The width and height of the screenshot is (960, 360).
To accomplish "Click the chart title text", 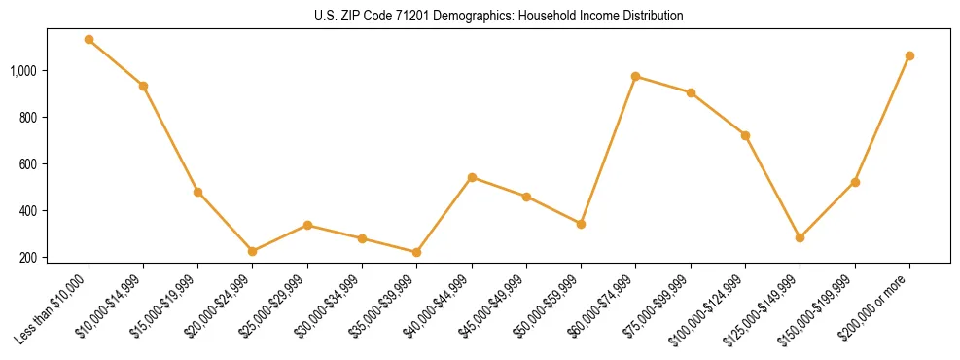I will pyautogui.click(x=499, y=17).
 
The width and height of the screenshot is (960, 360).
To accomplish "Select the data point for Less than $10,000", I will pyautogui.click(x=89, y=40).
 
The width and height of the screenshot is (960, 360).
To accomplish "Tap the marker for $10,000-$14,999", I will pyautogui.click(x=143, y=86).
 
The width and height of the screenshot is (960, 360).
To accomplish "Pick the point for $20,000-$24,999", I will pyautogui.click(x=253, y=251).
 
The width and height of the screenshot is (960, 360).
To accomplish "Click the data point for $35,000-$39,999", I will pyautogui.click(x=416, y=252).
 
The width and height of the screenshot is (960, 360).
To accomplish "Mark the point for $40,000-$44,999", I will pyautogui.click(x=472, y=177).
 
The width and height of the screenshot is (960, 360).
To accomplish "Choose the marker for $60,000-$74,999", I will pyautogui.click(x=635, y=76).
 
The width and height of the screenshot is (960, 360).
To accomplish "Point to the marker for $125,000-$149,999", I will pyautogui.click(x=800, y=237).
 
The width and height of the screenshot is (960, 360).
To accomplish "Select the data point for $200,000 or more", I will pyautogui.click(x=909, y=55).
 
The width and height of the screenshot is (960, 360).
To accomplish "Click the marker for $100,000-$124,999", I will pyautogui.click(x=745, y=135).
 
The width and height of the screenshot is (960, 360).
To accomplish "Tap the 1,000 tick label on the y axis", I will pyautogui.click(x=24, y=71).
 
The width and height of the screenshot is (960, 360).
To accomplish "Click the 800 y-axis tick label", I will pyautogui.click(x=29, y=118).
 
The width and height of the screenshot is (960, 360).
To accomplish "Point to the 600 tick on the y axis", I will pyautogui.click(x=29, y=164).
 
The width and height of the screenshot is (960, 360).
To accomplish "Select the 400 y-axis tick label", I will pyautogui.click(x=29, y=211).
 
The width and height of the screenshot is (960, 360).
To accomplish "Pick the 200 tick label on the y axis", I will pyautogui.click(x=29, y=258).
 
